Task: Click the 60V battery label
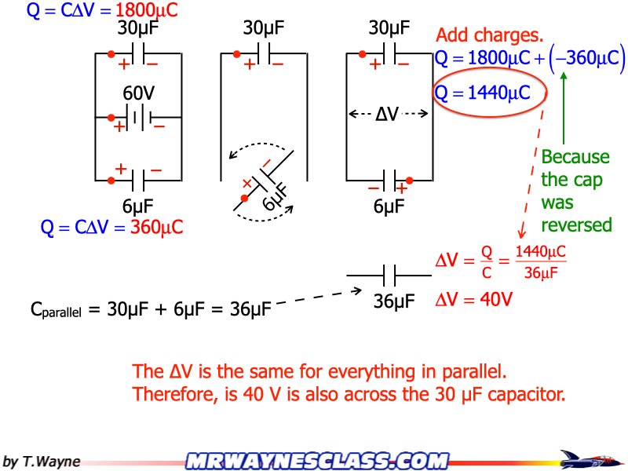[138, 93]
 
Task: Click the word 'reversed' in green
[576, 225]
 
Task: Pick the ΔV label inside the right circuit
[387, 115]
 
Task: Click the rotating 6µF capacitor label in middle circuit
[274, 201]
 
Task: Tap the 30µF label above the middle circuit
[264, 29]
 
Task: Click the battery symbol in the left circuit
[138, 119]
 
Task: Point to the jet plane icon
[588, 458]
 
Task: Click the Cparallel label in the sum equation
[55, 310]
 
